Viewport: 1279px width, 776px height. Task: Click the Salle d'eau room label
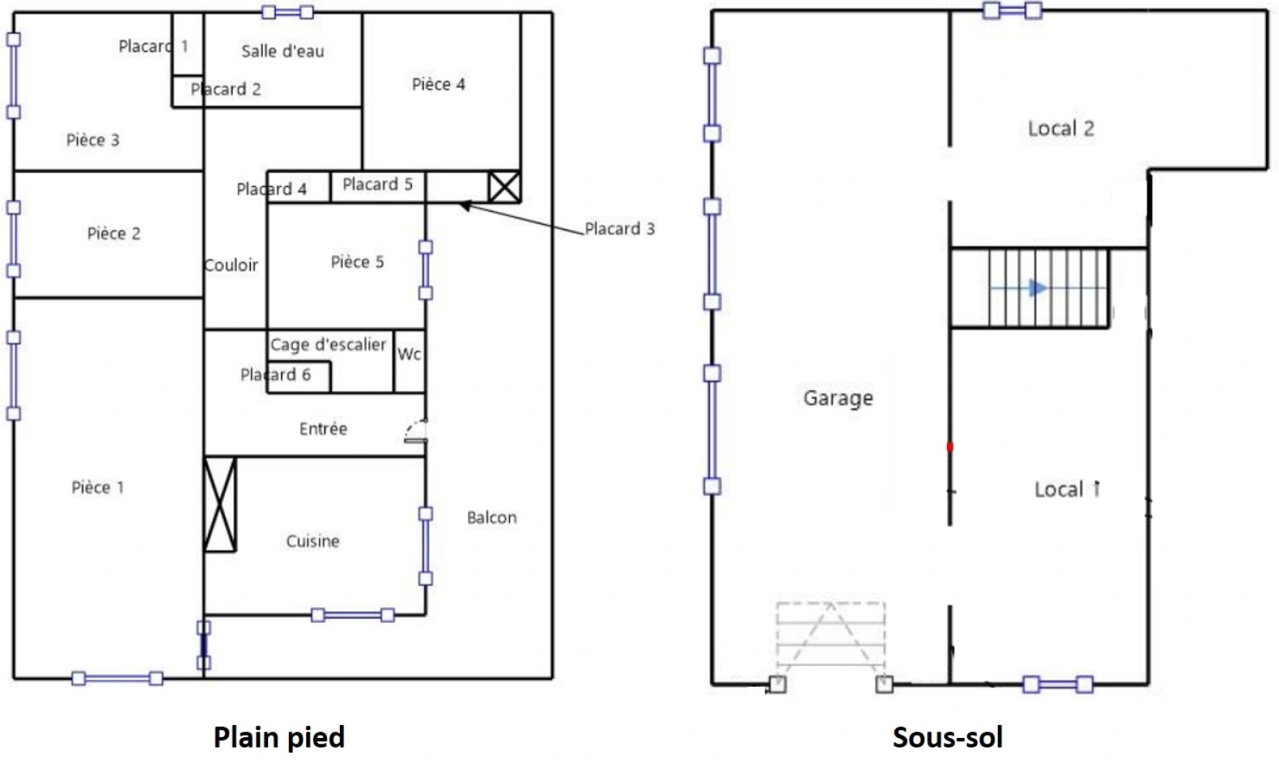[282, 51]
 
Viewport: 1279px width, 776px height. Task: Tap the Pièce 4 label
[438, 85]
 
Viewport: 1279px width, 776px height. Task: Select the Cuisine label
[313, 541]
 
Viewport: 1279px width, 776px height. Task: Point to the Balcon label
[491, 517]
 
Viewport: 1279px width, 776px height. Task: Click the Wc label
[409, 354]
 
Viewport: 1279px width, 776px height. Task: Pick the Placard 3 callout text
[619, 229]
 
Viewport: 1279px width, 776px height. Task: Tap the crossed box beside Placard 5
[504, 187]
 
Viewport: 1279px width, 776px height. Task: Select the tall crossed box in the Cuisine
[220, 504]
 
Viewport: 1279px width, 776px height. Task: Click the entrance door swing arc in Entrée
[414, 430]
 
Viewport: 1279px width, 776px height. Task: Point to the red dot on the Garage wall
[949, 447]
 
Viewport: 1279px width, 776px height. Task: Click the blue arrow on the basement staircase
[1037, 288]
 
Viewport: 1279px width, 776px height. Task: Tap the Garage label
[838, 398]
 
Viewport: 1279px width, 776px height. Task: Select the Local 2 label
[1061, 129]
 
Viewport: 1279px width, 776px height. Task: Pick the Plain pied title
[279, 737]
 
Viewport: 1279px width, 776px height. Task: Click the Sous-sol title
[947, 737]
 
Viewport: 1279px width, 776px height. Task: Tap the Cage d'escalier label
[328, 345]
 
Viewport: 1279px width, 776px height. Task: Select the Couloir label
[231, 265]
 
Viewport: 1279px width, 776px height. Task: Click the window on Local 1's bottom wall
[1058, 684]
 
